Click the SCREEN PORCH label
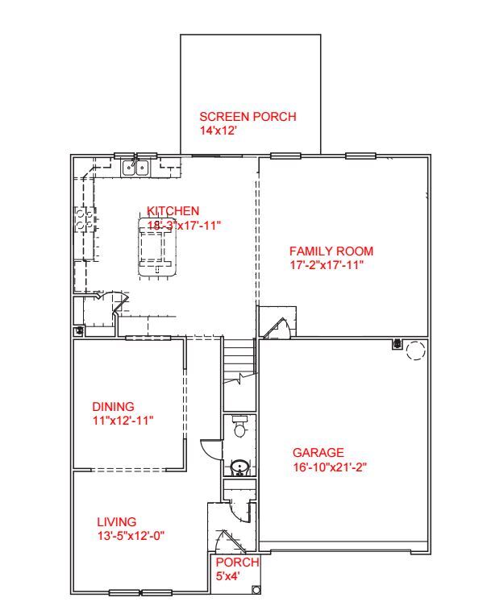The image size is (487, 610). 248,117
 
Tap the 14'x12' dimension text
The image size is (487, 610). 218,130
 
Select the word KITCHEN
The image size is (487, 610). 173,211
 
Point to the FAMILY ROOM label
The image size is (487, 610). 331,251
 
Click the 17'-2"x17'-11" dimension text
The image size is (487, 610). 327,264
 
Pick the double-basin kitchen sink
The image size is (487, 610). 135,168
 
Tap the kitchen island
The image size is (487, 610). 157,250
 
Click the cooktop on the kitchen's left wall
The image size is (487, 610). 83,219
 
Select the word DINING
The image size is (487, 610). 113,407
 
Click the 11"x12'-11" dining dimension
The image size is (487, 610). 123,420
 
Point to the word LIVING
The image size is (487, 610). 117,522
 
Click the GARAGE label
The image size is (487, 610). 318,453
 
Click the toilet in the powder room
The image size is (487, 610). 239,427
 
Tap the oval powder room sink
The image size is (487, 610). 239,467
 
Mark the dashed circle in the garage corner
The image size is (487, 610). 415,350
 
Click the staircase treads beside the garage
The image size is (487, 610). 239,355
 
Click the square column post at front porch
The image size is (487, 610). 256,590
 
